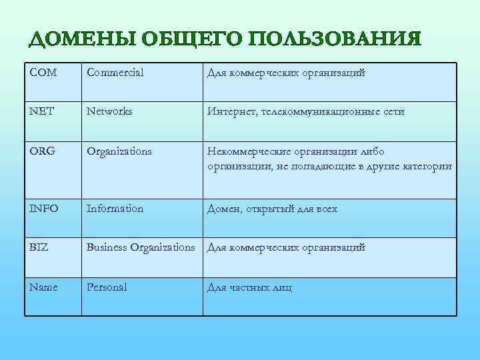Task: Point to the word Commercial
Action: point(115,73)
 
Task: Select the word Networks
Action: point(109,111)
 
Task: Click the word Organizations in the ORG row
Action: point(119,151)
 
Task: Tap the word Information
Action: point(115,209)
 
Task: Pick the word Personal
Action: point(107,287)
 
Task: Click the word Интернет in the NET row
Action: point(230,111)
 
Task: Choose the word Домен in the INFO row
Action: point(223,209)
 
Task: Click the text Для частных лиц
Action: point(249,288)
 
